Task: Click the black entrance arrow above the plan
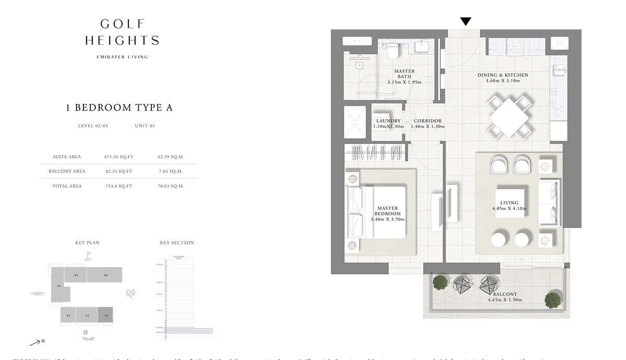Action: coord(466,21)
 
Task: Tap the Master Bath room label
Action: coord(404,74)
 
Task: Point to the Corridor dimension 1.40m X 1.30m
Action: coord(428,127)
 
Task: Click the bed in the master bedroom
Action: coord(378,212)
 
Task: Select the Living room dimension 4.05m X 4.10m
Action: coord(509,209)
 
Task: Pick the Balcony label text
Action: coord(505,294)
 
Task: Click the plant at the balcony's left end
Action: coord(441,282)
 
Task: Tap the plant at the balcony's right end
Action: coord(553,300)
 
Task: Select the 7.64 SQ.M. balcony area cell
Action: coord(171,171)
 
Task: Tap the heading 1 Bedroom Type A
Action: coord(119,108)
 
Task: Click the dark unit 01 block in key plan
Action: coord(105,315)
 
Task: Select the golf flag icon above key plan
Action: coord(88,256)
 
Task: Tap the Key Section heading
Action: coord(177,243)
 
